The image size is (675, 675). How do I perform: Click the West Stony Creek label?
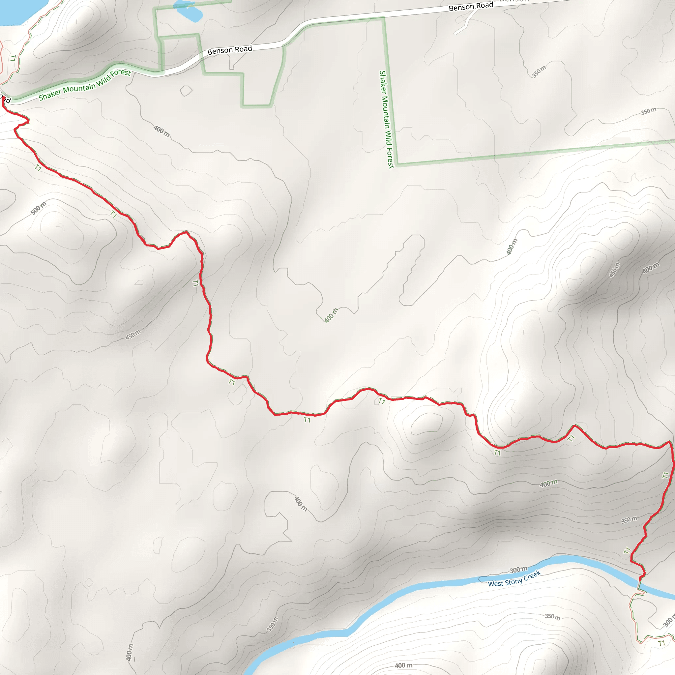pyautogui.click(x=514, y=578)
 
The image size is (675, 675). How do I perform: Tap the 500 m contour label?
pyautogui.click(x=39, y=208)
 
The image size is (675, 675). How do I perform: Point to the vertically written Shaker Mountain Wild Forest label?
pyautogui.click(x=386, y=119)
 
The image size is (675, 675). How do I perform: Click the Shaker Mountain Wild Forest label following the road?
pyautogui.click(x=85, y=85)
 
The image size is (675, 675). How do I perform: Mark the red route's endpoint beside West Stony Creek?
pyautogui.click(x=641, y=578)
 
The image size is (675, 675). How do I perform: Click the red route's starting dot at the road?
pyautogui.click(x=4, y=99)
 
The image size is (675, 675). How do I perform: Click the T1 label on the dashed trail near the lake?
pyautogui.click(x=13, y=58)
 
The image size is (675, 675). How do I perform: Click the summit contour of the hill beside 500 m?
pyautogui.click(x=60, y=227)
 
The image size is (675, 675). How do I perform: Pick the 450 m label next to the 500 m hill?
pyautogui.click(x=133, y=334)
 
